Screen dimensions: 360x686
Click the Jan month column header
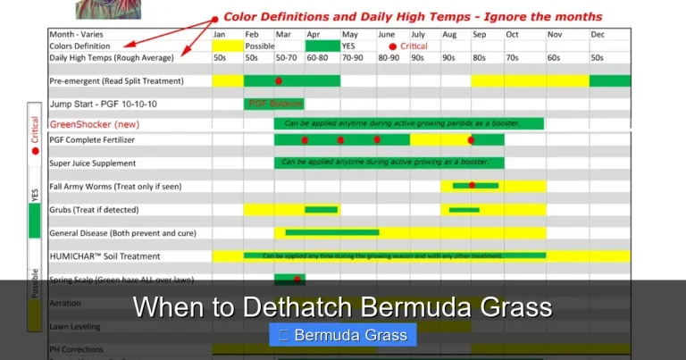coord(219,34)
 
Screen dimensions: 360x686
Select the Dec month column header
coord(598,34)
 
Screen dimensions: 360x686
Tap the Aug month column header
coord(448,34)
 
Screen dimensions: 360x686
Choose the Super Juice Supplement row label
coord(93,163)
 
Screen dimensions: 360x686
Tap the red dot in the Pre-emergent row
coord(279,80)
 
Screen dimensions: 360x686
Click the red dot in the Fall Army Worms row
coord(472,185)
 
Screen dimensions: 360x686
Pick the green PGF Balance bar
coord(273,104)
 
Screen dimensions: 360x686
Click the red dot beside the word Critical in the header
coord(392,46)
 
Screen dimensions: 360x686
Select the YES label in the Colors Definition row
coord(348,46)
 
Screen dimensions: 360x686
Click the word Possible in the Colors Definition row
coord(259,46)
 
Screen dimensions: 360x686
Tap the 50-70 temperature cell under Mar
coord(287,57)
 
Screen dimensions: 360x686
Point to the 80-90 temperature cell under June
coord(389,57)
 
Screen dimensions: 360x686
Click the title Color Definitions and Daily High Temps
coord(412,16)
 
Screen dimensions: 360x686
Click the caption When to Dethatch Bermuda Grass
coord(342,308)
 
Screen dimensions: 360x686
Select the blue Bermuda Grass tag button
coord(343,336)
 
